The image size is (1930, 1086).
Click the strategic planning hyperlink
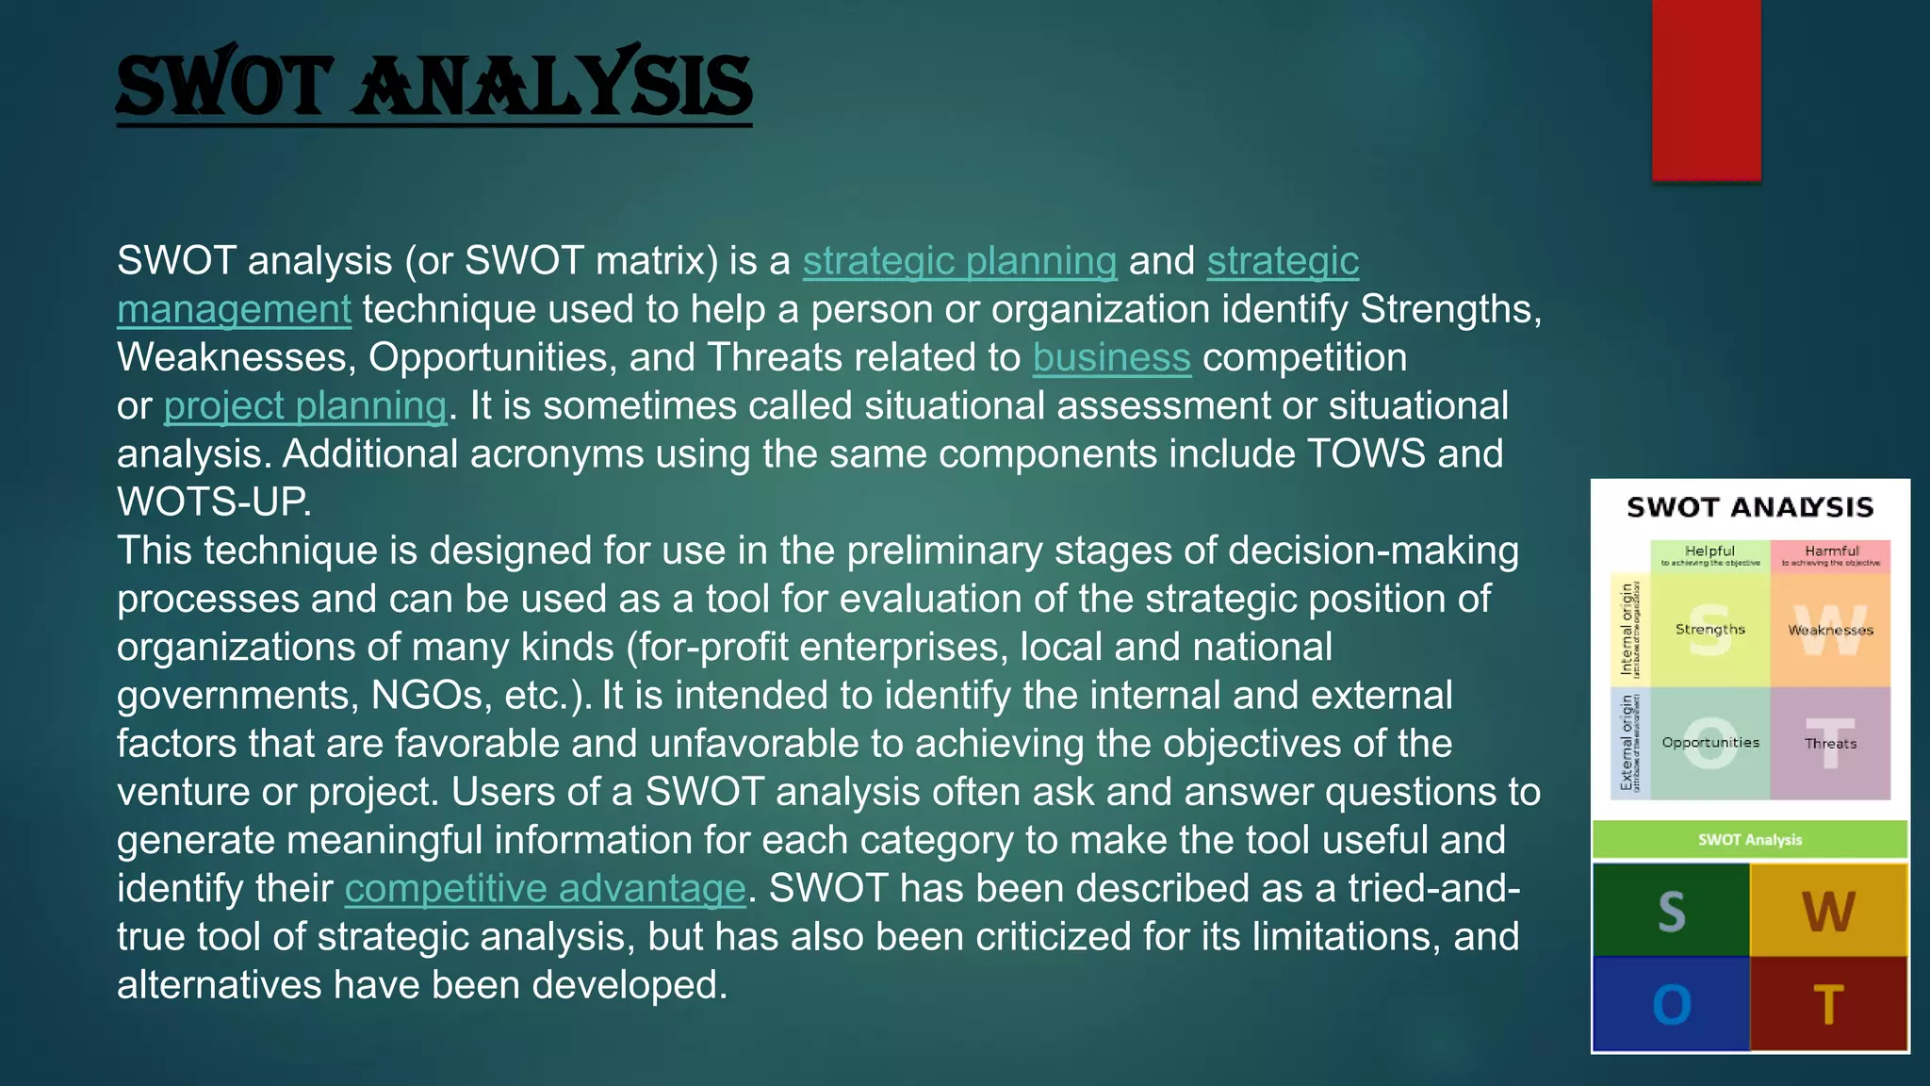click(959, 261)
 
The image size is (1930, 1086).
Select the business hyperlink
click(1111, 358)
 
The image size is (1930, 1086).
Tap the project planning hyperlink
click(304, 406)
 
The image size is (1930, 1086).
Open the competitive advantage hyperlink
click(545, 889)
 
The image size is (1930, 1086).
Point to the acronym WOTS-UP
click(213, 502)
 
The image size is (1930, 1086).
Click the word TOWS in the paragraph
click(1365, 454)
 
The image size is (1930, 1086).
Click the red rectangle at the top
click(1706, 90)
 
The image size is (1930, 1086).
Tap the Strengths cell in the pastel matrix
click(1709, 630)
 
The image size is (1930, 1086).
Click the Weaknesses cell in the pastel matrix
click(1830, 630)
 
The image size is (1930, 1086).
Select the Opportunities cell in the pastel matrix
click(1709, 743)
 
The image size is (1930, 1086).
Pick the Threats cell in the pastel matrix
click(1830, 743)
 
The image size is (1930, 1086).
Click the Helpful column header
click(1709, 555)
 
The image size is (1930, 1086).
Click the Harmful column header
click(1830, 555)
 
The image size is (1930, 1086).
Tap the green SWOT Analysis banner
click(1749, 839)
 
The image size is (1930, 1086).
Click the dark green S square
click(1671, 911)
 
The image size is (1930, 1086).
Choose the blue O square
click(1671, 1004)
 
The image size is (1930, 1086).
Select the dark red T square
click(1828, 1004)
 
